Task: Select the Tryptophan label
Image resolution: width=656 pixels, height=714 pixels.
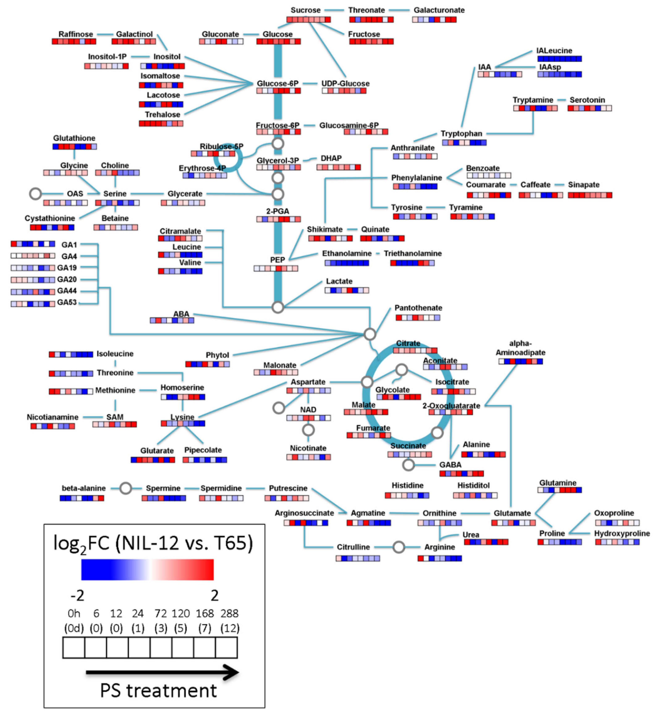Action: pyautogui.click(x=461, y=134)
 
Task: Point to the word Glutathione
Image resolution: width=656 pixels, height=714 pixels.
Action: pyautogui.click(x=74, y=138)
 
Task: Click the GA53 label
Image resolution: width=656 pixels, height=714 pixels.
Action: pyautogui.click(x=67, y=302)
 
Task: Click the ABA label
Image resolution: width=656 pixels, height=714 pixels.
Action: pyautogui.click(x=181, y=314)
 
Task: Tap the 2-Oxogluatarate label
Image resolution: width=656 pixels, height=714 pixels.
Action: pyautogui.click(x=451, y=406)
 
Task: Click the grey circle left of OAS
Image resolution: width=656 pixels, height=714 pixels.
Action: pyautogui.click(x=35, y=194)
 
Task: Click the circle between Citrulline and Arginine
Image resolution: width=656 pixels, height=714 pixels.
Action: pyautogui.click(x=399, y=547)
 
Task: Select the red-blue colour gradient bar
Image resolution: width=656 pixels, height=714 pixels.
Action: pyautogui.click(x=147, y=570)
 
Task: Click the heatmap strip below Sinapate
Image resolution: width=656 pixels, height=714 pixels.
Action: pyautogui.click(x=590, y=195)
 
